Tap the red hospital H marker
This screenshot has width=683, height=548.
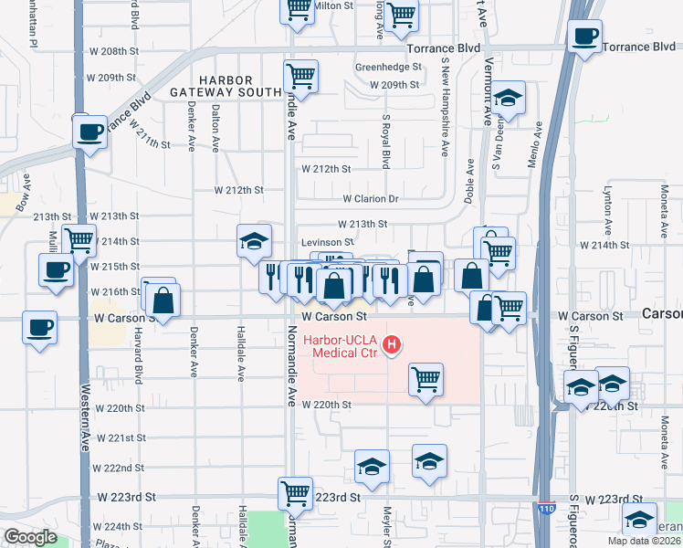(x=392, y=344)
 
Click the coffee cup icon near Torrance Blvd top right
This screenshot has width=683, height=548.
(x=584, y=37)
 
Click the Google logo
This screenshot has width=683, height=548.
(x=29, y=536)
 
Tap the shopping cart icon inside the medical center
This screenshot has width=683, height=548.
(x=426, y=378)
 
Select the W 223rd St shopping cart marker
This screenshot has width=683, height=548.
(x=296, y=494)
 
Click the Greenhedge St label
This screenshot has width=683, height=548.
(x=388, y=67)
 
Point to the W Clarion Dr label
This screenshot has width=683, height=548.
(x=372, y=198)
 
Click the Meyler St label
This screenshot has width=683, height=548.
(x=387, y=525)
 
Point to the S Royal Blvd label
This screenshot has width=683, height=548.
(x=386, y=142)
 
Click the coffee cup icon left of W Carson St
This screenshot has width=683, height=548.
(x=39, y=328)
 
